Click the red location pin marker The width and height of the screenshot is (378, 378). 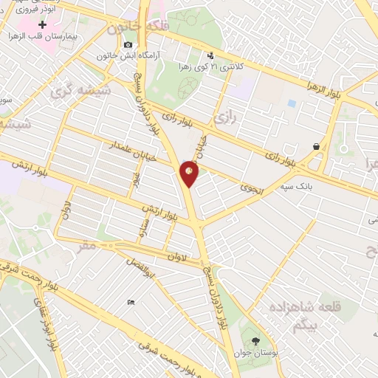189,173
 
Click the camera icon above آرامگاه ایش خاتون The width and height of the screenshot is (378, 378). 128,45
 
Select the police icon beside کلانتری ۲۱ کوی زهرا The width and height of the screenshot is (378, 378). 210,55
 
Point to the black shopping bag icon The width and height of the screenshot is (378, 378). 317,146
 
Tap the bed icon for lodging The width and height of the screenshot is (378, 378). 131,302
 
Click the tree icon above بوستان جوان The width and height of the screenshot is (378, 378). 255,341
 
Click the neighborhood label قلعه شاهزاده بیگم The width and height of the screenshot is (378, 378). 288,314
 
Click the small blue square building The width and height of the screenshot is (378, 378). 292,103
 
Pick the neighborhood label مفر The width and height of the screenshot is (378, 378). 86,247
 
